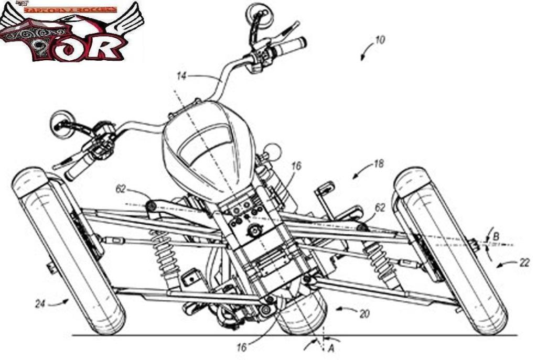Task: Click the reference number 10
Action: point(380,40)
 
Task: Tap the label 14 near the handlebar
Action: point(181,77)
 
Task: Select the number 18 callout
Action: point(378,164)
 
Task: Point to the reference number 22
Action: point(524,263)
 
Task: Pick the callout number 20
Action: point(364,313)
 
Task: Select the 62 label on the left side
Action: point(121,189)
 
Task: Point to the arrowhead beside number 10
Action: point(362,58)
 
